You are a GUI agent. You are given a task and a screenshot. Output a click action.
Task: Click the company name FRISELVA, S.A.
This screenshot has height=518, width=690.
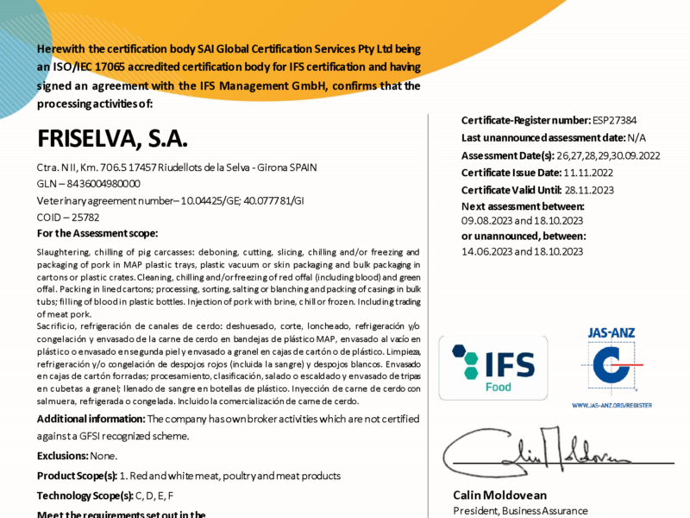tap(113, 139)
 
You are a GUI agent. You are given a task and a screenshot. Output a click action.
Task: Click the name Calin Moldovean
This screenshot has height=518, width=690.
tap(500, 495)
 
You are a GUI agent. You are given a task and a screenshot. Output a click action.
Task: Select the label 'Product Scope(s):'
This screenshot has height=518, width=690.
tap(78, 476)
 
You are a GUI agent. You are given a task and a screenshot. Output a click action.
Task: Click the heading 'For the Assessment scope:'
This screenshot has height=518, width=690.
tap(97, 233)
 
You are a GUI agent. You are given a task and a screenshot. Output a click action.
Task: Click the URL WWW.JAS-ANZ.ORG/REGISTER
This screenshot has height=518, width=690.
tap(611, 405)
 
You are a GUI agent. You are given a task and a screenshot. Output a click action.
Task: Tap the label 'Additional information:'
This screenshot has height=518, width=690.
tap(91, 419)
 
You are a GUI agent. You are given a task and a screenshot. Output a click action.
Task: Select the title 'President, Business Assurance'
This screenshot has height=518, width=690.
tap(520, 511)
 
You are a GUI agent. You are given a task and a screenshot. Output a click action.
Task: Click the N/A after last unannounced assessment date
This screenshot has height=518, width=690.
tap(635, 138)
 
